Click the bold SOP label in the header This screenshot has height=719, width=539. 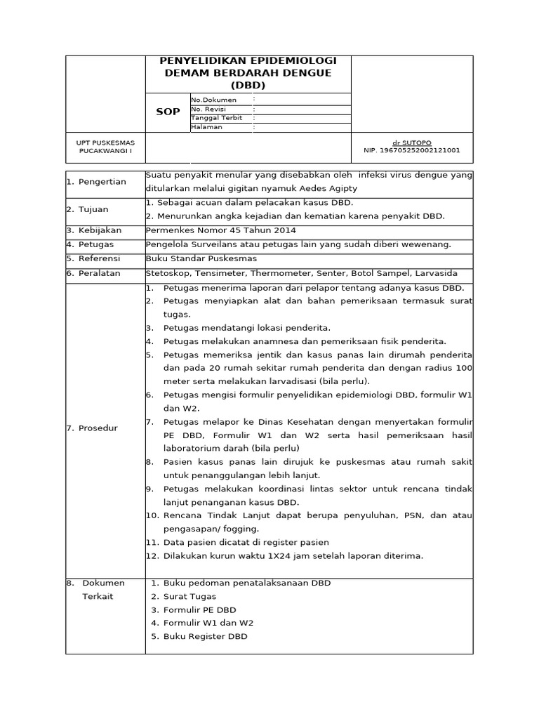pyautogui.click(x=167, y=112)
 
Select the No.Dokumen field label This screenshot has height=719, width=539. pyautogui.click(x=214, y=100)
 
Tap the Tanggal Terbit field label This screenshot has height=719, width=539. pyautogui.click(x=216, y=118)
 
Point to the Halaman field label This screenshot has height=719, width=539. pyautogui.click(x=206, y=127)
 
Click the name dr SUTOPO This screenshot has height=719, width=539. pyautogui.click(x=412, y=143)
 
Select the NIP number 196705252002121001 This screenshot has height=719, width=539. pyautogui.click(x=412, y=150)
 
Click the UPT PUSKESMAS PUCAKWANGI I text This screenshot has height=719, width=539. pyautogui.click(x=105, y=147)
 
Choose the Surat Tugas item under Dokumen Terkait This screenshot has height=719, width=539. pyautogui.click(x=189, y=596)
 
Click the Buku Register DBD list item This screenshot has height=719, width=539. pyautogui.click(x=205, y=636)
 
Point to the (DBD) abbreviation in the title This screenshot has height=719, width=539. pyautogui.click(x=248, y=86)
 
